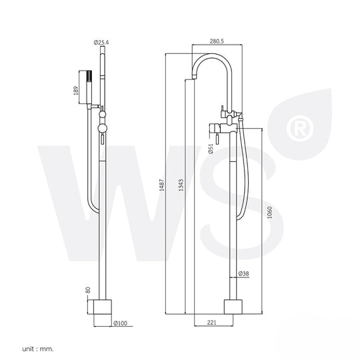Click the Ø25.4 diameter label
coord(101,43)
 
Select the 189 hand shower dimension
coord(76,91)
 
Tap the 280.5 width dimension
coord(217,41)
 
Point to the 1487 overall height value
coord(162,185)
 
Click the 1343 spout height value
coord(181,185)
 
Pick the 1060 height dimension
coord(269,213)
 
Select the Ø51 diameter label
coord(211,149)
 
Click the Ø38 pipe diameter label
coord(243,273)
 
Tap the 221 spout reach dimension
coord(212,323)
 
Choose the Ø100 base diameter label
coord(121,323)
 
